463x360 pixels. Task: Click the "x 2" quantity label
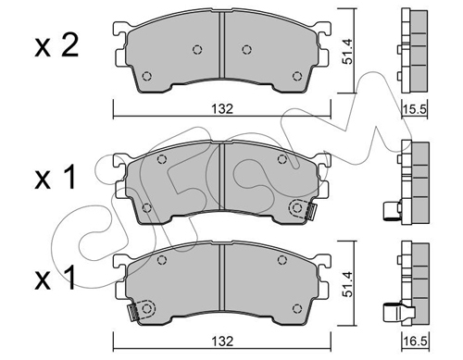pyautogui.click(x=56, y=46)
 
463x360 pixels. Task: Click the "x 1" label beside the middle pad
pyautogui.click(x=55, y=177)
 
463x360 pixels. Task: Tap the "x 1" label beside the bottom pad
pyautogui.click(x=55, y=278)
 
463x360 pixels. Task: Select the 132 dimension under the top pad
pyautogui.click(x=222, y=108)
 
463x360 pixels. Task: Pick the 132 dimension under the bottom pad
pyautogui.click(x=222, y=341)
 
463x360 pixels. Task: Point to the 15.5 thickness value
pyautogui.click(x=415, y=109)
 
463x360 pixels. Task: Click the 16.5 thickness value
pyautogui.click(x=415, y=341)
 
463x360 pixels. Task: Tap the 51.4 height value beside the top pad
pyautogui.click(x=348, y=51)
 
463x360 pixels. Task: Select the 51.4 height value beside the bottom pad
pyautogui.click(x=348, y=284)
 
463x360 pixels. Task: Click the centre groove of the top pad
pyautogui.click(x=221, y=45)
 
